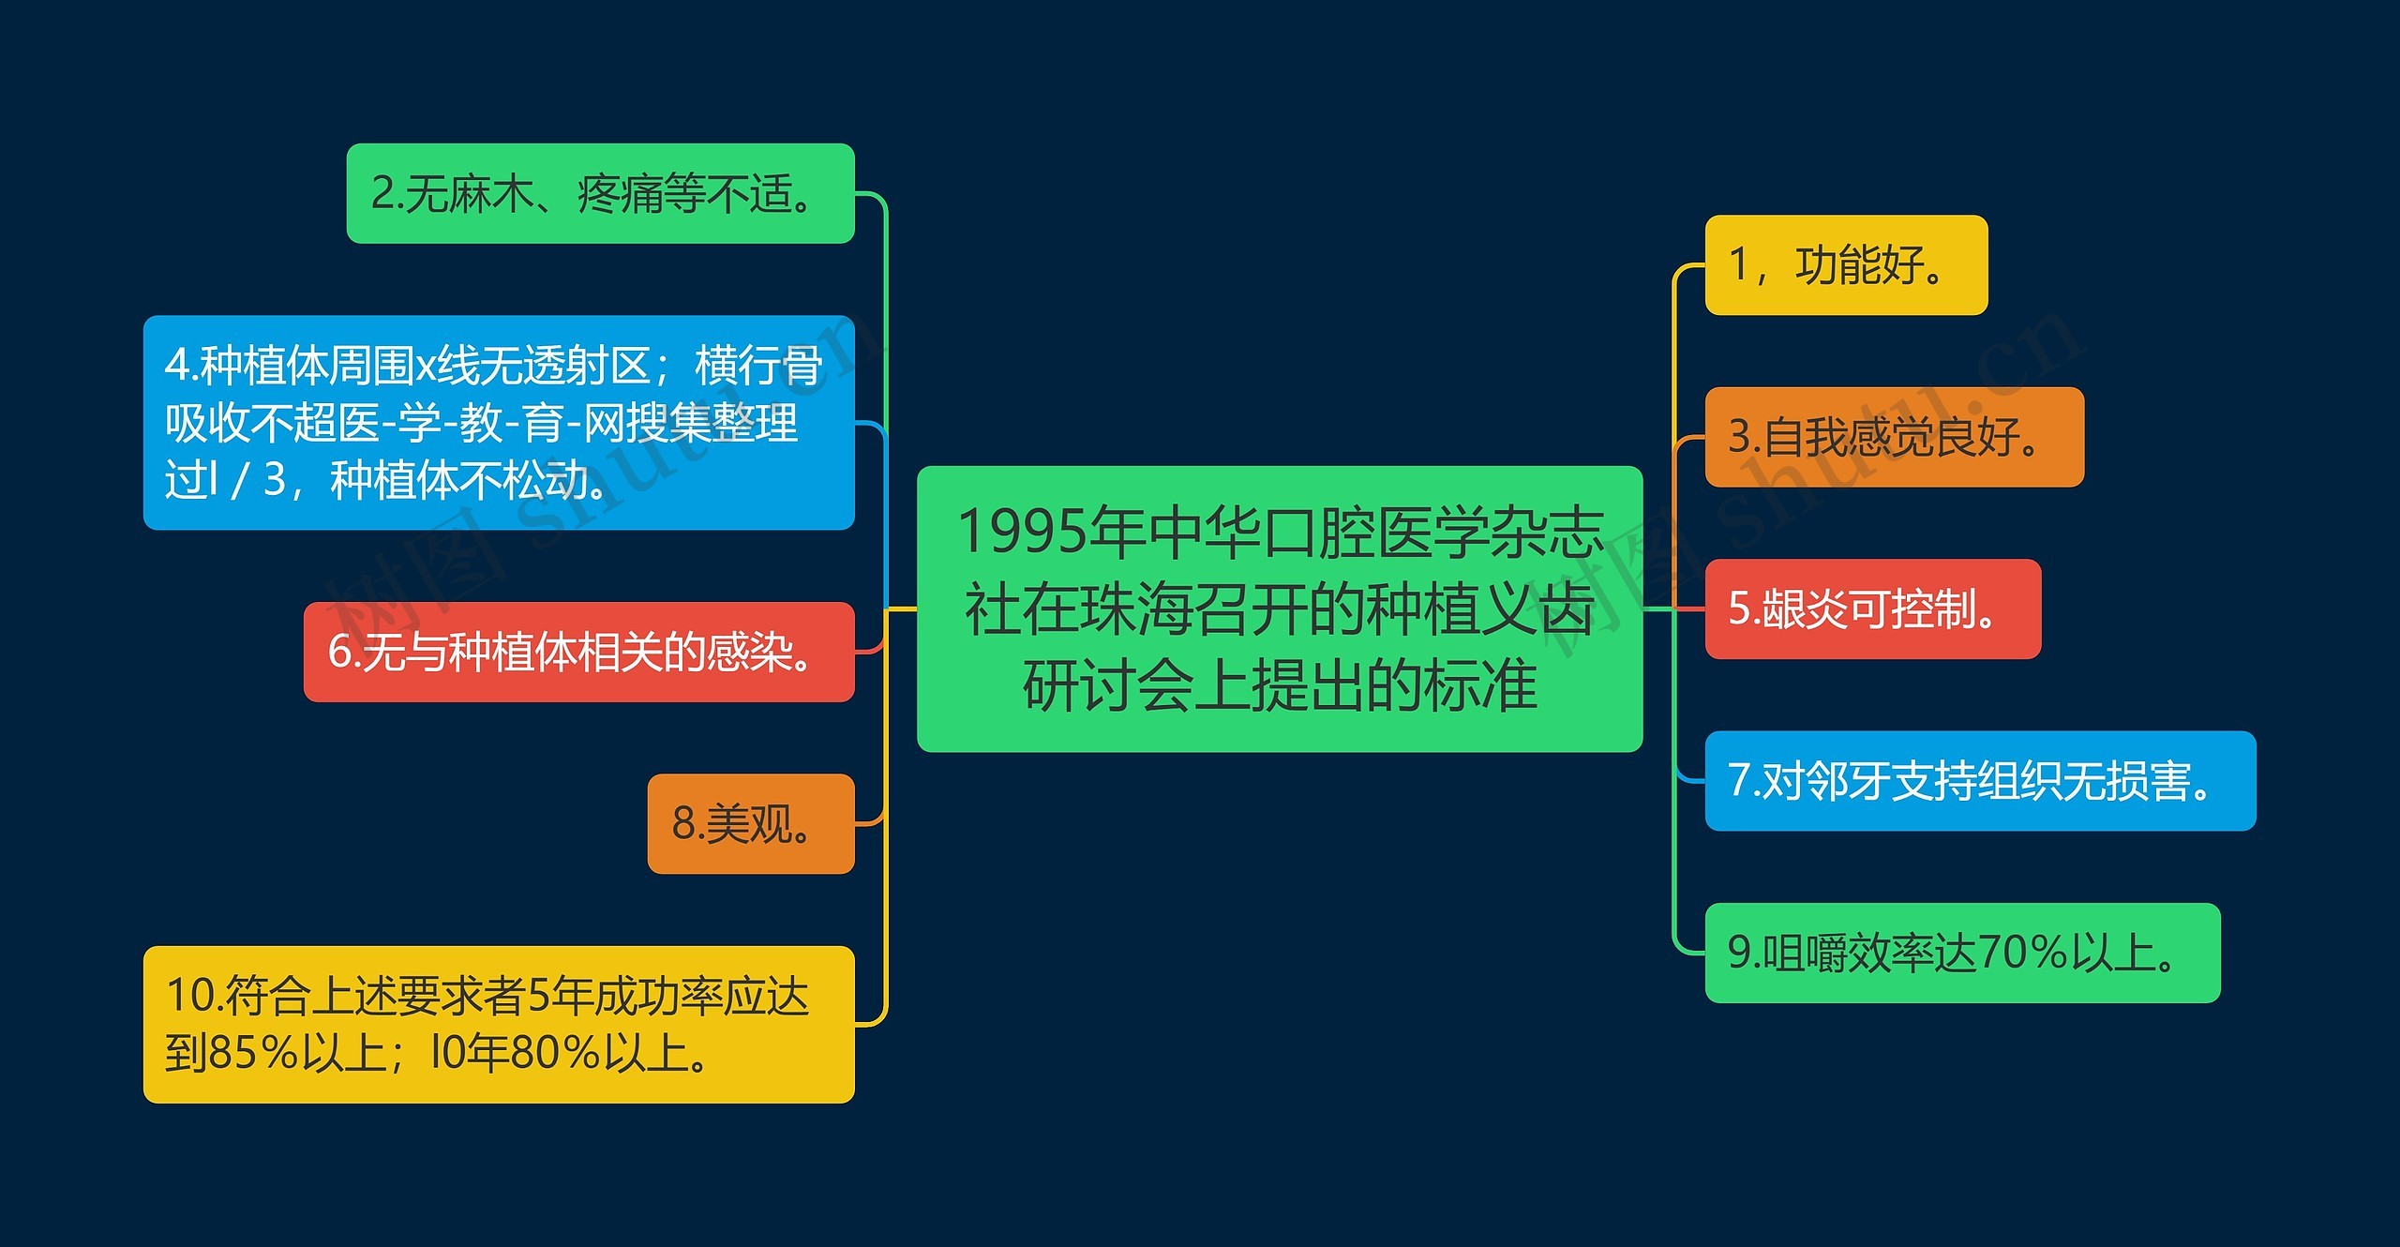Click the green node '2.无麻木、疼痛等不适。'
[600, 194]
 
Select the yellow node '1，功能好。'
[1845, 265]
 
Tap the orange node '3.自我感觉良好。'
[1894, 437]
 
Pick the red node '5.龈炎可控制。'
[1872, 609]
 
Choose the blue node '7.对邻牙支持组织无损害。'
[1979, 781]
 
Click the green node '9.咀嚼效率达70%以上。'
[1961, 953]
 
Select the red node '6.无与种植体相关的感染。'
[578, 652]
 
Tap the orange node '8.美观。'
[750, 824]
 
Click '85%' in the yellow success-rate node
[253, 1053]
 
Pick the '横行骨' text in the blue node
[757, 366]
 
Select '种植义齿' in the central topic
[1479, 608]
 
